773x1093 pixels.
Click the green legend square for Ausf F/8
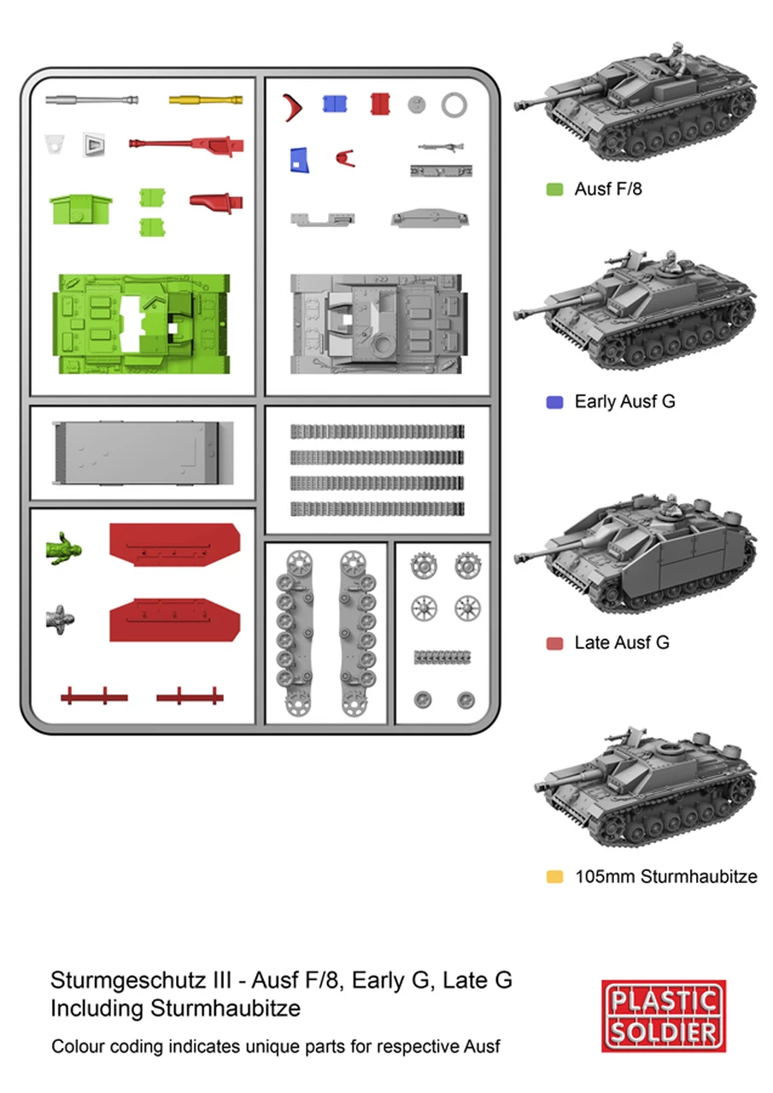point(554,189)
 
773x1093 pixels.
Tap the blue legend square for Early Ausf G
point(554,401)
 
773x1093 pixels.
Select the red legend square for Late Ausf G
point(554,643)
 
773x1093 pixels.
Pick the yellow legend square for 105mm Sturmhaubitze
point(554,877)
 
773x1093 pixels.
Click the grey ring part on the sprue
point(454,105)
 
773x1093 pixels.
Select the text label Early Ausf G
point(624,401)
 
